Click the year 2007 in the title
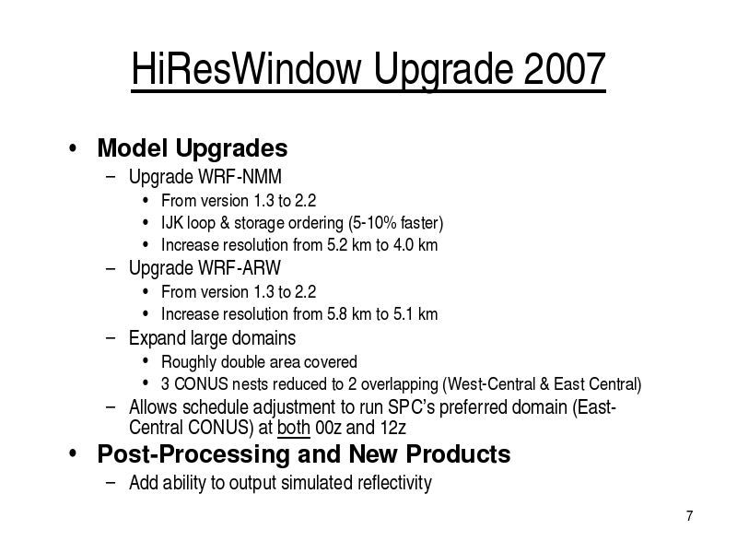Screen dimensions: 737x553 pyautogui.click(x=564, y=68)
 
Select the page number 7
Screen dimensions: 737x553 pyautogui.click(x=689, y=516)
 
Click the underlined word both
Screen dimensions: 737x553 pyautogui.click(x=294, y=428)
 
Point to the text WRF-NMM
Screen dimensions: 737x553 pyautogui.click(x=240, y=177)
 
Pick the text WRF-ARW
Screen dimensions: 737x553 pyautogui.click(x=240, y=268)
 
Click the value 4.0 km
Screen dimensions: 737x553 pyautogui.click(x=415, y=245)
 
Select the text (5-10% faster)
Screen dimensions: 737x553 pyautogui.click(x=396, y=223)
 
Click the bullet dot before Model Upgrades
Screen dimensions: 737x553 pyautogui.click(x=73, y=148)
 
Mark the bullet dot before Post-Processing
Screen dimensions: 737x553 pyautogui.click(x=73, y=453)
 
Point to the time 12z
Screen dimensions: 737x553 pyautogui.click(x=393, y=428)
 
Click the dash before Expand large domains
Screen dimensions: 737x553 pyautogui.click(x=111, y=338)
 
